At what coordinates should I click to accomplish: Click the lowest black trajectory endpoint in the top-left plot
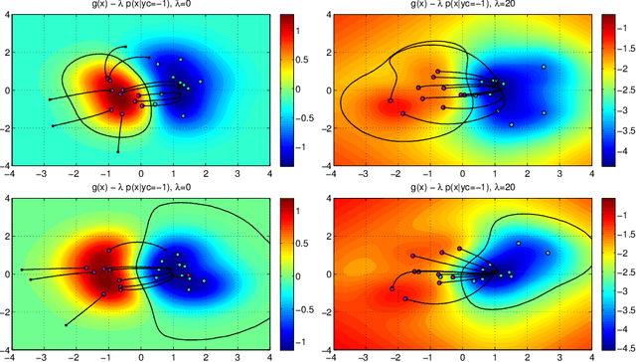117,151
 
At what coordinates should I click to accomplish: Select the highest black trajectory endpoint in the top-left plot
125,47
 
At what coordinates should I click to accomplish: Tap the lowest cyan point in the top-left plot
184,115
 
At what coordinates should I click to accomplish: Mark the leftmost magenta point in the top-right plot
390,100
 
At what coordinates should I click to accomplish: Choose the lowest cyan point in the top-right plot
513,125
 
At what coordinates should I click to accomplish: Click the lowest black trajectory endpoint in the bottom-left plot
66,324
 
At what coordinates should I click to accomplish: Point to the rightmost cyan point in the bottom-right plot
548,254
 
